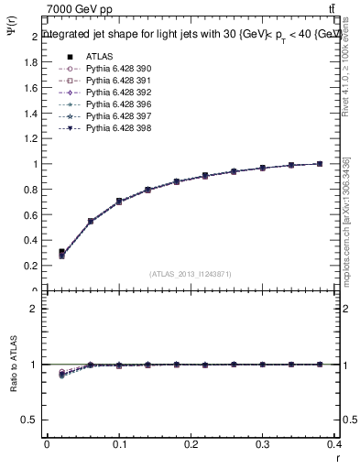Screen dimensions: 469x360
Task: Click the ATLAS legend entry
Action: click(96, 56)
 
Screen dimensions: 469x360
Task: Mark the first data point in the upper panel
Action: click(61, 254)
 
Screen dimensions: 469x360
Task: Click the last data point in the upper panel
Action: click(319, 164)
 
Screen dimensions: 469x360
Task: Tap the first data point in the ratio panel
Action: click(61, 373)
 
